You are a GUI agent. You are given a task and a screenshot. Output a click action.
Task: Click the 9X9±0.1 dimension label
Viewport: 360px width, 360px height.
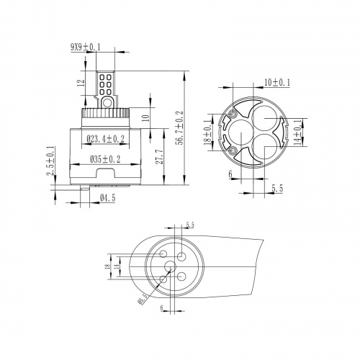click(85, 48)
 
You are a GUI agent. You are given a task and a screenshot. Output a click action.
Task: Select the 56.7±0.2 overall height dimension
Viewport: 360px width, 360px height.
click(179, 128)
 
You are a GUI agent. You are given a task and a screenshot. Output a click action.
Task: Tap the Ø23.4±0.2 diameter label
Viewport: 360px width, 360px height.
click(106, 139)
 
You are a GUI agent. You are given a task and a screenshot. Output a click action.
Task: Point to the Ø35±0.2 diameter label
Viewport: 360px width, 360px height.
click(105, 159)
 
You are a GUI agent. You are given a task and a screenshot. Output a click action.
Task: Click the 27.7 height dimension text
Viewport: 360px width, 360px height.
click(158, 156)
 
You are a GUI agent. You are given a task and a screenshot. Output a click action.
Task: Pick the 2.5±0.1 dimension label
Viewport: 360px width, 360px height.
click(50, 161)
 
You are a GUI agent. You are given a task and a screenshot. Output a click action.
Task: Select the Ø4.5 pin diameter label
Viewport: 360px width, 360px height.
click(107, 198)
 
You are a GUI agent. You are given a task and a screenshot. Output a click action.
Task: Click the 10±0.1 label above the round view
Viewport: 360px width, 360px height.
click(277, 83)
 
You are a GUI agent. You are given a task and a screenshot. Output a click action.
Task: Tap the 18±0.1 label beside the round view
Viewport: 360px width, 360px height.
click(208, 132)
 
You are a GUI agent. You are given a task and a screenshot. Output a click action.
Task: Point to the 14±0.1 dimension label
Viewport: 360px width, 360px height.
click(297, 132)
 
